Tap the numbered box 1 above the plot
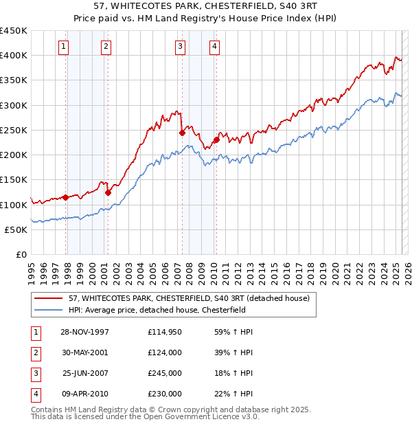click(x=63, y=47)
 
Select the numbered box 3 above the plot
click(x=179, y=47)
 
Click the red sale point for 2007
click(x=182, y=133)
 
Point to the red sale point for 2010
click(x=216, y=140)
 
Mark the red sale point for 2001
click(x=108, y=193)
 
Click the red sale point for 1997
click(x=66, y=197)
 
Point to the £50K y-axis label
click(x=16, y=229)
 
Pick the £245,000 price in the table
click(x=164, y=374)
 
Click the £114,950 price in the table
click(x=164, y=333)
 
